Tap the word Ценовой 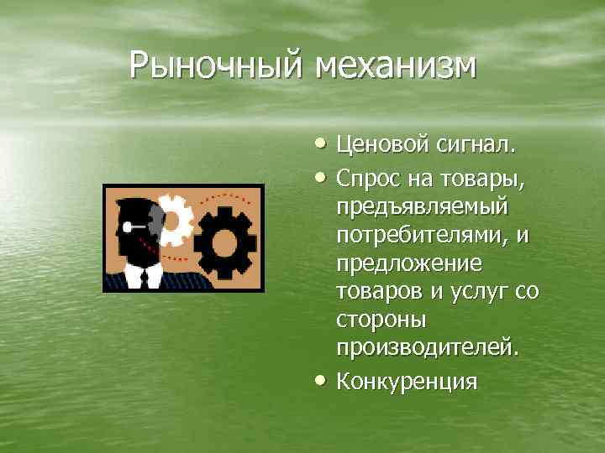click(382, 147)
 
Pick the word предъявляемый click(422, 206)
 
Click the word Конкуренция click(407, 381)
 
